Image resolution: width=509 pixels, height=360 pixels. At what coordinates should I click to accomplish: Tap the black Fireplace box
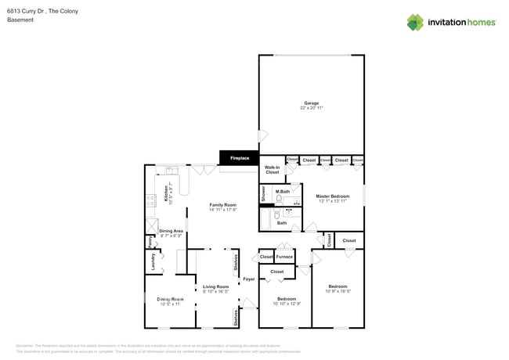[x=239, y=158]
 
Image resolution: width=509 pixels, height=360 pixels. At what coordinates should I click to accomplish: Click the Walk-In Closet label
[x=272, y=170]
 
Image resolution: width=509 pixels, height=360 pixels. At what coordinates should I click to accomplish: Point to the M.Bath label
[x=282, y=192]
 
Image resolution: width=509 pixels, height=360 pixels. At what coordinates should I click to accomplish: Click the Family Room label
[x=222, y=207]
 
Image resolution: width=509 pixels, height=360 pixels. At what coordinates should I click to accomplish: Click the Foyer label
[x=248, y=279]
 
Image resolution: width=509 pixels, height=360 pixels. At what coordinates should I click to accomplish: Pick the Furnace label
[x=284, y=257]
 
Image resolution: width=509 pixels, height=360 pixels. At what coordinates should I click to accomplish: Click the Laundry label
[x=151, y=263]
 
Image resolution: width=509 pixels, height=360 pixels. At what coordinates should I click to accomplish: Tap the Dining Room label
[x=169, y=301]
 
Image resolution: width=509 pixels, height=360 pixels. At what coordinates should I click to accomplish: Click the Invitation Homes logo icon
[x=415, y=22]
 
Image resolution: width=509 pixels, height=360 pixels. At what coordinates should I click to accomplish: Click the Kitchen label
[x=166, y=193]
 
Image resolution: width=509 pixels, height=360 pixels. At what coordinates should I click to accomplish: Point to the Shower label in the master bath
[x=264, y=193]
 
